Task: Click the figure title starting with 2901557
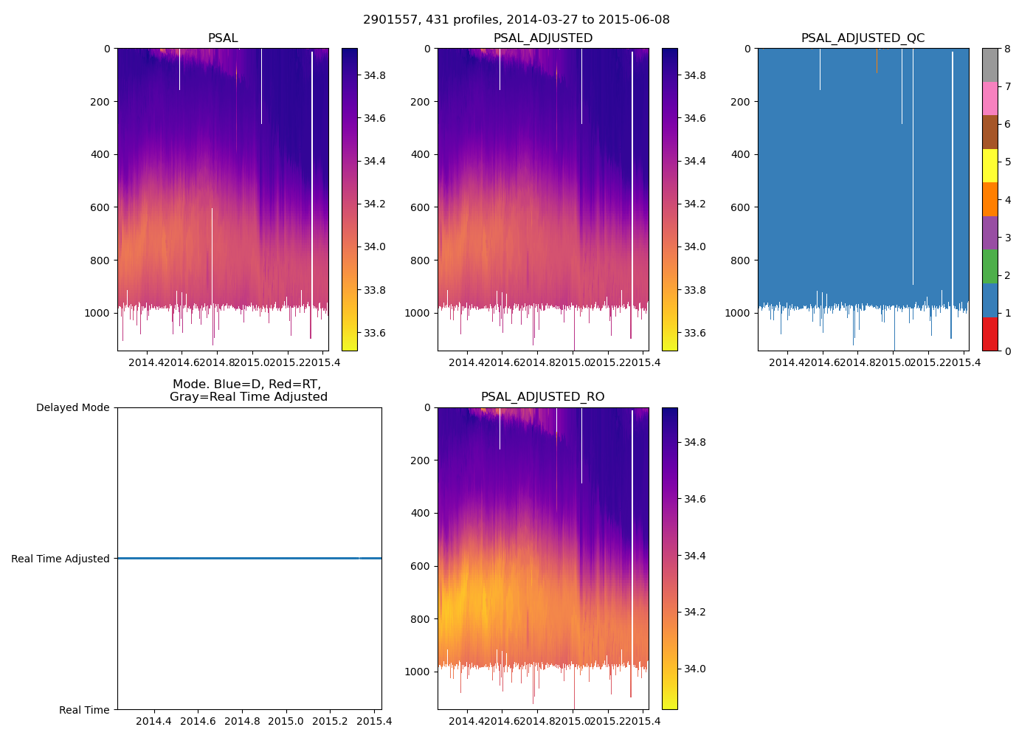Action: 516,20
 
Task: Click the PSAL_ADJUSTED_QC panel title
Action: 863,38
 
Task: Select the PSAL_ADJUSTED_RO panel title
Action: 542,397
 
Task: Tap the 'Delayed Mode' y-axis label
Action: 72,408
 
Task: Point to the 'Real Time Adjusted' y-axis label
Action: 61,559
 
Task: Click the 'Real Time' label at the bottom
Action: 84,710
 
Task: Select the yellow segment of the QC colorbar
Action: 989,165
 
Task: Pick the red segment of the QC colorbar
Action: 989,334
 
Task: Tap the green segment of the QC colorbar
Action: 989,266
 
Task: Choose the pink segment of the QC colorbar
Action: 989,98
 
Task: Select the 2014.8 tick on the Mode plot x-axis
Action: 242,721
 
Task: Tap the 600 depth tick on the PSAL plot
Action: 100,207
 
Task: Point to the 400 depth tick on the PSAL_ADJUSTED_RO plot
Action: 421,513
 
